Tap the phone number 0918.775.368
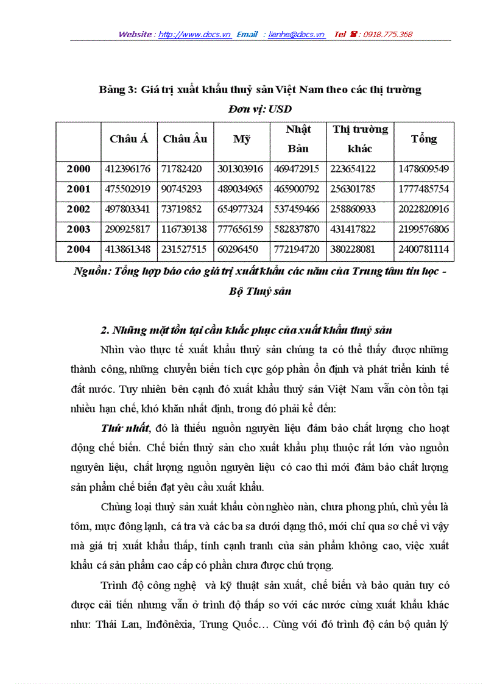387,35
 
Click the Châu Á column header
129,139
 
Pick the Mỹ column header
242,139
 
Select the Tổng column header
423,139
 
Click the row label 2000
79,169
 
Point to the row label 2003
79,229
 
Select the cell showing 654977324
241,209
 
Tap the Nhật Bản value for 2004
298,249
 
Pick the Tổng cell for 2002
423,209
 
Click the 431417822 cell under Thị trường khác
353,229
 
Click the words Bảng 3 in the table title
117,90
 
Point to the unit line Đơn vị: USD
260,110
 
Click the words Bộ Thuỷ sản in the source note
260,291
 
